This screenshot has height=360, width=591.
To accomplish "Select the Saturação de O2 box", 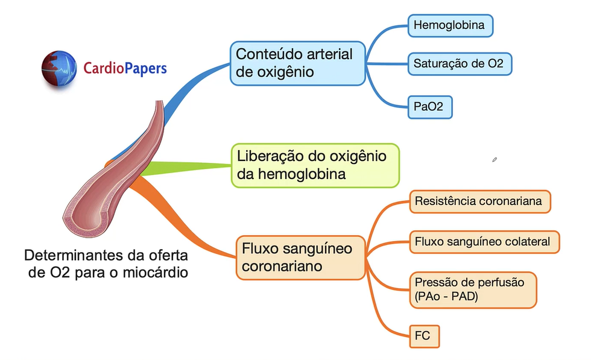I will coord(459,63).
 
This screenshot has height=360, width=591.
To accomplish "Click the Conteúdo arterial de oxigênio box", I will coord(298,63).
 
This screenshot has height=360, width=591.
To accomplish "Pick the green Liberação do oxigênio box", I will coord(315,165).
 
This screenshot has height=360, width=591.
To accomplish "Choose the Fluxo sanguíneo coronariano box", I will coord(300,257).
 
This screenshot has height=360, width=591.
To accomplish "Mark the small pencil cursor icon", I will coord(495,160).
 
